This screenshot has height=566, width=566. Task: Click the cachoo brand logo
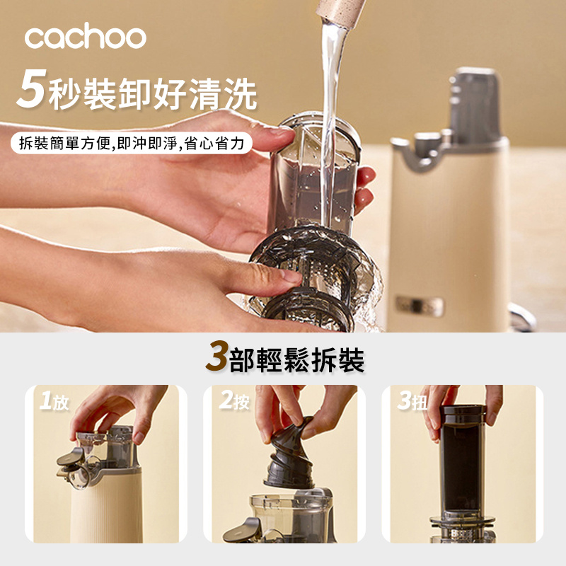pos(85,37)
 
